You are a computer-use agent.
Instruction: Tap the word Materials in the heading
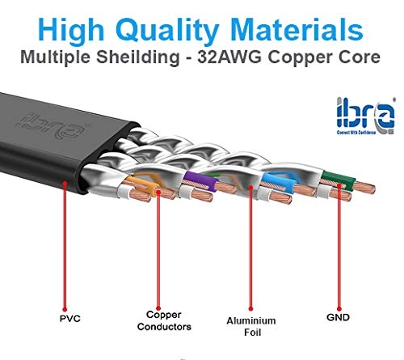point(297,29)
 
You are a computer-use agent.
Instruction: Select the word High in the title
point(71,31)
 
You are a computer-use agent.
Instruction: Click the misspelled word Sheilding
point(138,57)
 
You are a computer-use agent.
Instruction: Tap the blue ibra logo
point(366,116)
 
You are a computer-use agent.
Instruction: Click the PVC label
point(70,319)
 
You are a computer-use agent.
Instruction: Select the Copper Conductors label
point(164,320)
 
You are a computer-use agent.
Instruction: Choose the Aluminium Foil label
point(251,326)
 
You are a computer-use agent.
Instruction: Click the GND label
point(338,317)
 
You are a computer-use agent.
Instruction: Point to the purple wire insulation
point(200,180)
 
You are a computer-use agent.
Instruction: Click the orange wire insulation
point(143,184)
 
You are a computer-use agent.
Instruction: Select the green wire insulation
point(339,179)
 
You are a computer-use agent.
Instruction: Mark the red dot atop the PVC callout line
point(65,184)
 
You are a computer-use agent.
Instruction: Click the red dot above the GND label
point(339,308)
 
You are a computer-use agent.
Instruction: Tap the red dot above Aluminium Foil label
point(250,308)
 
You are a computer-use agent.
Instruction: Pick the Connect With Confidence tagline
point(356,133)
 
